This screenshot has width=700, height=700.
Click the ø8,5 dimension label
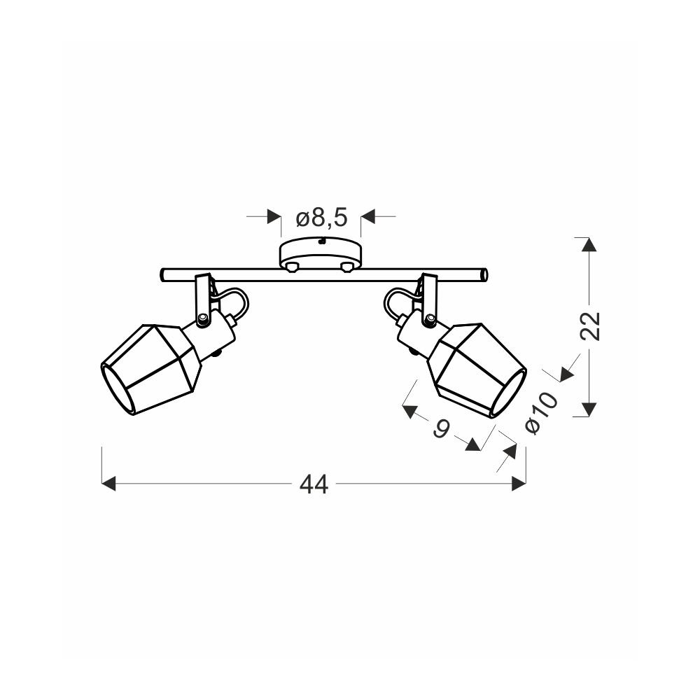[321, 218]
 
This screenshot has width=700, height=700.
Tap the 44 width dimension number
[314, 484]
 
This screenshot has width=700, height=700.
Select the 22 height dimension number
[590, 326]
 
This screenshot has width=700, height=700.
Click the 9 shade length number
[440, 429]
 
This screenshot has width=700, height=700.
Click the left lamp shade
[148, 369]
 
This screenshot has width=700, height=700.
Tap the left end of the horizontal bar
[162, 275]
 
